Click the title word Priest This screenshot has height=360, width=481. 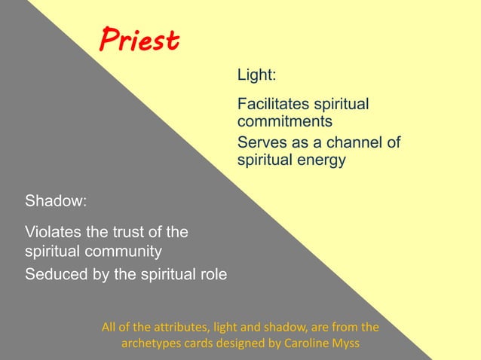coord(139,40)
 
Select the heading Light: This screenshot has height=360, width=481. coord(257,75)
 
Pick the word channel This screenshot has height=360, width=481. coord(354,142)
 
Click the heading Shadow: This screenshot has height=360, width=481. coord(57,201)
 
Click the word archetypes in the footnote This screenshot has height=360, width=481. coord(154,343)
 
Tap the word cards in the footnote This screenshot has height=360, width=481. coord(204,343)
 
